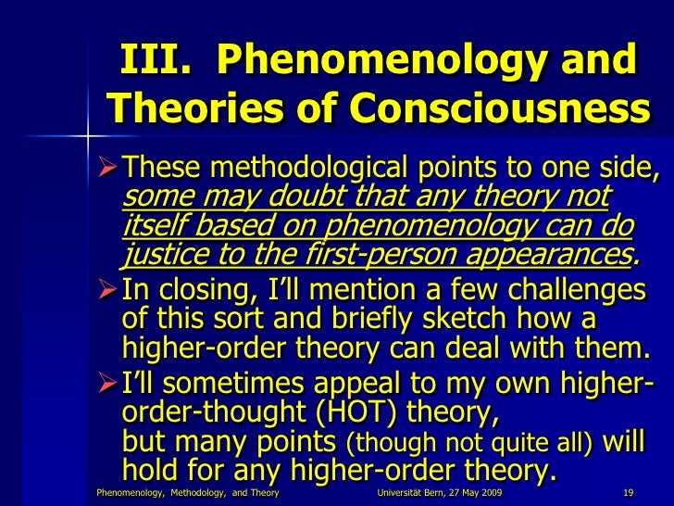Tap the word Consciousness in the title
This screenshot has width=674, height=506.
pos(499,112)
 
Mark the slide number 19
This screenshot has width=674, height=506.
pos(628,492)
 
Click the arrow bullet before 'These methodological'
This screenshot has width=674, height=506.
pos(107,170)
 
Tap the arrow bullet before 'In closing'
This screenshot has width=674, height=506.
pos(107,290)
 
